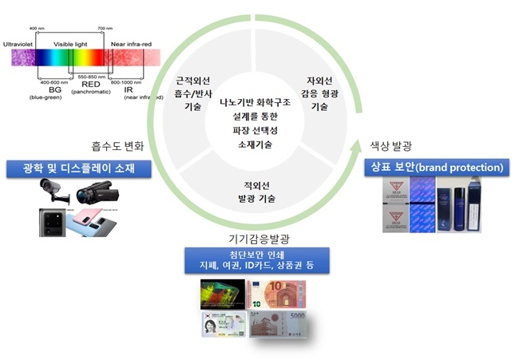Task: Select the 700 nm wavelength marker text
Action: [x=105, y=30]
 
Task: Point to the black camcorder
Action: [x=97, y=193]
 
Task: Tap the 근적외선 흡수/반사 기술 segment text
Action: [x=193, y=93]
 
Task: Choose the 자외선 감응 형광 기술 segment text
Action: [x=319, y=93]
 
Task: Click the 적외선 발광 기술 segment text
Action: [x=256, y=191]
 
